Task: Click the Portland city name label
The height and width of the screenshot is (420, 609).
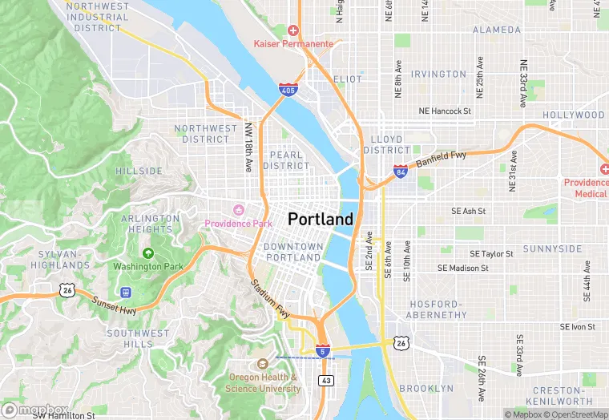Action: click(x=320, y=220)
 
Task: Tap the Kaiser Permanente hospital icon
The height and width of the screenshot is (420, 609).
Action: click(x=293, y=30)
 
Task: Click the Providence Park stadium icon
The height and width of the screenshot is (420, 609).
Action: click(x=237, y=210)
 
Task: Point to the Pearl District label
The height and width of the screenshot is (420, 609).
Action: click(x=286, y=160)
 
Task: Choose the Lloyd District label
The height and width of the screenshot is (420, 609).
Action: click(x=386, y=144)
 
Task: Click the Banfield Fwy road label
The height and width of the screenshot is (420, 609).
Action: click(x=441, y=155)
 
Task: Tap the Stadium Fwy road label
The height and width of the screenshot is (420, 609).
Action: click(x=269, y=297)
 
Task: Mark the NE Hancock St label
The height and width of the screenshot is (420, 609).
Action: click(x=445, y=111)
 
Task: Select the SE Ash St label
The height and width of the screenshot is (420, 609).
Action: click(x=469, y=211)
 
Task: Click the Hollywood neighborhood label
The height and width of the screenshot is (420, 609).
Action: click(x=573, y=115)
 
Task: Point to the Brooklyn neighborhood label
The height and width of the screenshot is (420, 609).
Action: click(x=426, y=389)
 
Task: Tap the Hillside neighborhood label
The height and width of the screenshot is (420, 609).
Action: click(x=139, y=172)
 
